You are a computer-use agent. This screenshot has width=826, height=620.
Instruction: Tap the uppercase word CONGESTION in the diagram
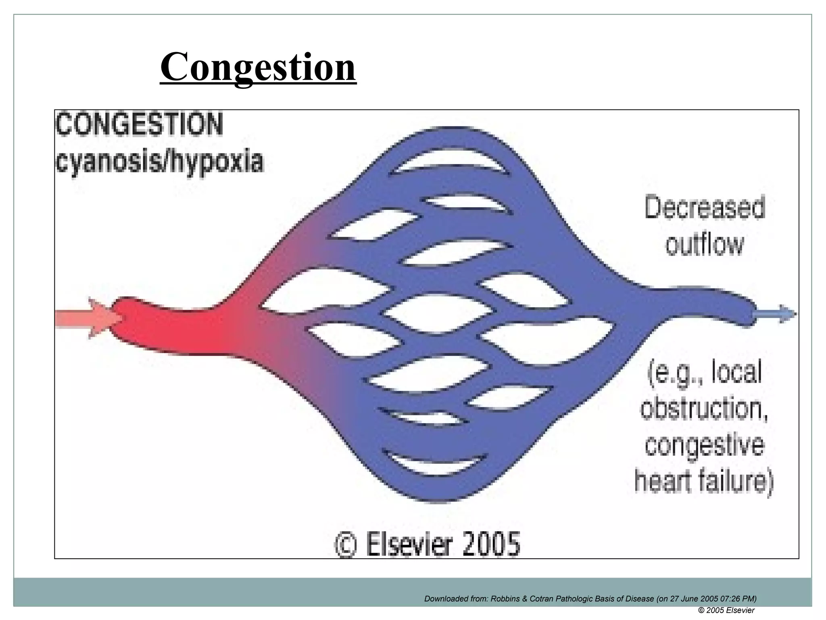[139, 125]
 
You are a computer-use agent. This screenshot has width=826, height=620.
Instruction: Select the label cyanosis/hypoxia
[160, 161]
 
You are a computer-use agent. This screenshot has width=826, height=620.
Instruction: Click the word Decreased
[704, 208]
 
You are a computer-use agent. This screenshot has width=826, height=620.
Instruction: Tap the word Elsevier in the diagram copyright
[408, 544]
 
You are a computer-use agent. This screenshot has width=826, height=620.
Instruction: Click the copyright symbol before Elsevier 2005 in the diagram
[346, 545]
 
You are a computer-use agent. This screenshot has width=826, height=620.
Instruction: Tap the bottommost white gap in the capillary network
[436, 465]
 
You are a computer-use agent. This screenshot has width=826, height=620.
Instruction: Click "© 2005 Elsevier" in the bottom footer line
[726, 610]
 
